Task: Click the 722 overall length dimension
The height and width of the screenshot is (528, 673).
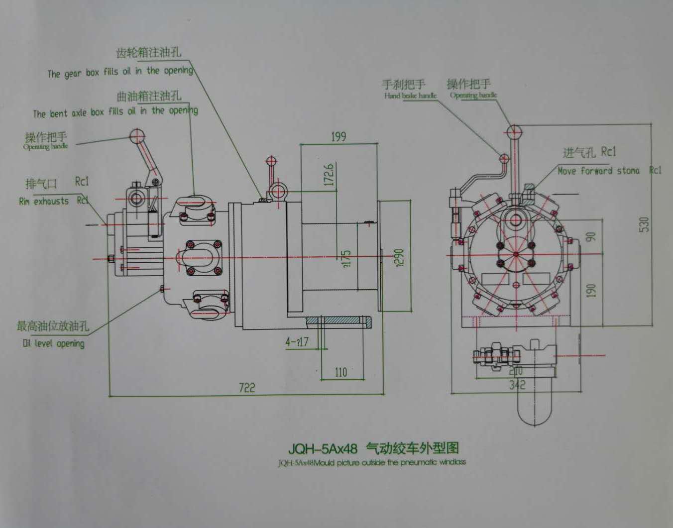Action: pos(247,387)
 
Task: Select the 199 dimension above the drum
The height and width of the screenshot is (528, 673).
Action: pos(338,137)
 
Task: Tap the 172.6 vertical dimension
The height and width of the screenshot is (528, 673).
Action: pos(329,174)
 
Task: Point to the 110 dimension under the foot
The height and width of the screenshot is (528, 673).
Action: pos(340,372)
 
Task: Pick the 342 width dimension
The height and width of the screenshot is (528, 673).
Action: pos(517,385)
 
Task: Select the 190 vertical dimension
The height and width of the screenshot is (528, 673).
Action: pos(591,290)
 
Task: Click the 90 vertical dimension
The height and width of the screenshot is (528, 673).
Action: pos(591,236)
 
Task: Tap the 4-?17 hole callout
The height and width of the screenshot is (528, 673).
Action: pos(297,342)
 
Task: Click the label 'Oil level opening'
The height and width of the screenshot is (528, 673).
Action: pos(54,343)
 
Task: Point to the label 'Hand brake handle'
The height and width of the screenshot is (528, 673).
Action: pos(410,96)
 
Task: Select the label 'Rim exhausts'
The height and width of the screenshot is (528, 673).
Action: pos(44,202)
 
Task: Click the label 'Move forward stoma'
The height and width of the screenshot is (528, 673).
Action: pos(598,171)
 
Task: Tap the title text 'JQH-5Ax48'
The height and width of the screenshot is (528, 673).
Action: pos(323,448)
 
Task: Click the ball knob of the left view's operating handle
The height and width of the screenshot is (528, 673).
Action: pos(137,135)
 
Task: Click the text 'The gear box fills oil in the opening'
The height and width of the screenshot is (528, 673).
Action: pos(120,72)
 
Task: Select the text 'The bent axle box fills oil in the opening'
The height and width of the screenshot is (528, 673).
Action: pos(115,112)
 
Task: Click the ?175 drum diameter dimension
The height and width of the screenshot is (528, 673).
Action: pos(347,259)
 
